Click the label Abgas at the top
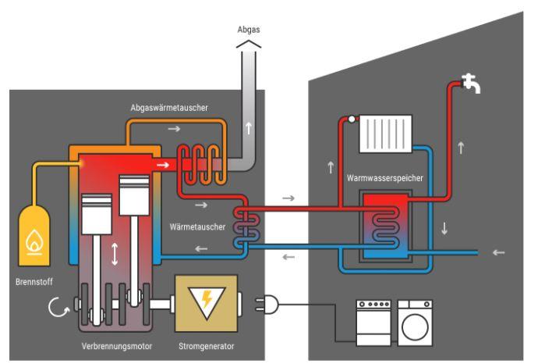click(x=248, y=29)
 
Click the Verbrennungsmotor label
click(x=115, y=344)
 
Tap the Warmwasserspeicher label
click(x=387, y=179)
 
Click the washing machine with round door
click(x=414, y=320)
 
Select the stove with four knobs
click(x=374, y=320)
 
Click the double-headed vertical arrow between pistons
click(x=115, y=255)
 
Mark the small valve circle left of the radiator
click(x=352, y=120)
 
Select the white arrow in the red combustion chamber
click(x=164, y=166)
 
